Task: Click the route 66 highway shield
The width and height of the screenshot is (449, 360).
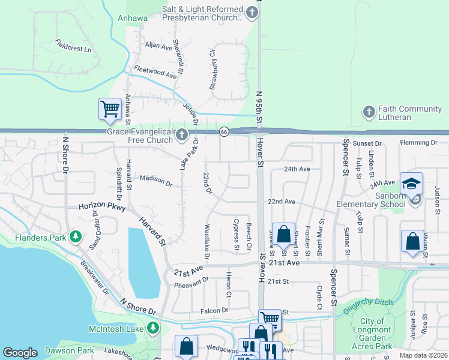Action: click(x=223, y=131)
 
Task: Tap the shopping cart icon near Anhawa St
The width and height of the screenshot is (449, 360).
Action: click(x=110, y=109)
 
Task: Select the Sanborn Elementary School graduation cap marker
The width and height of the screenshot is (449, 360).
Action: click(x=412, y=183)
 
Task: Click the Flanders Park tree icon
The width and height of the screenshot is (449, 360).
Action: click(x=75, y=237)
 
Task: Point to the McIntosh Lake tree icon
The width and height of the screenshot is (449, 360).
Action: click(x=154, y=328)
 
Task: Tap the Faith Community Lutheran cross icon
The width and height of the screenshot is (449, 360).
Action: click(x=368, y=111)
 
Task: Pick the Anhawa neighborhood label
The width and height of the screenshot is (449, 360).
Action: click(x=133, y=18)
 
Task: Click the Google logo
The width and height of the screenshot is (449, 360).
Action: click(x=20, y=353)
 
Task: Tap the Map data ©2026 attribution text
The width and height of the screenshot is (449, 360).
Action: click(x=423, y=355)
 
